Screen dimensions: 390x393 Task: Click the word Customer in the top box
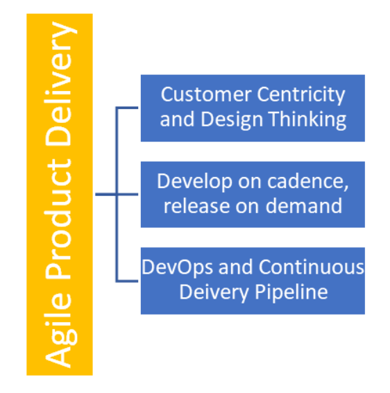coord(206,94)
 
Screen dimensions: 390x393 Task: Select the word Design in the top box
coord(232,120)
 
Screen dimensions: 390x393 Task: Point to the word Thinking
coord(307,120)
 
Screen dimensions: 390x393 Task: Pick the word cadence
coord(308,181)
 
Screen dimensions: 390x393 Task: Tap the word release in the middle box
coord(196,206)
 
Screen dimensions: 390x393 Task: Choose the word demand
coord(303,206)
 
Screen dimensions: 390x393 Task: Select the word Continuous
coord(311,267)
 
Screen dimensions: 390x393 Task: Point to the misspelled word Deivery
coord(214,293)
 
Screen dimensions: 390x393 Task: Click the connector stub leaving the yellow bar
coord(105,194)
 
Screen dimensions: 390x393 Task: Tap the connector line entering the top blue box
coord(127,108)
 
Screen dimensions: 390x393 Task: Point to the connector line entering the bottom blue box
coord(127,281)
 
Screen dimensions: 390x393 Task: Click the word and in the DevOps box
coord(235,267)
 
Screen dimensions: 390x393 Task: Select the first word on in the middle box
coord(250,183)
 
